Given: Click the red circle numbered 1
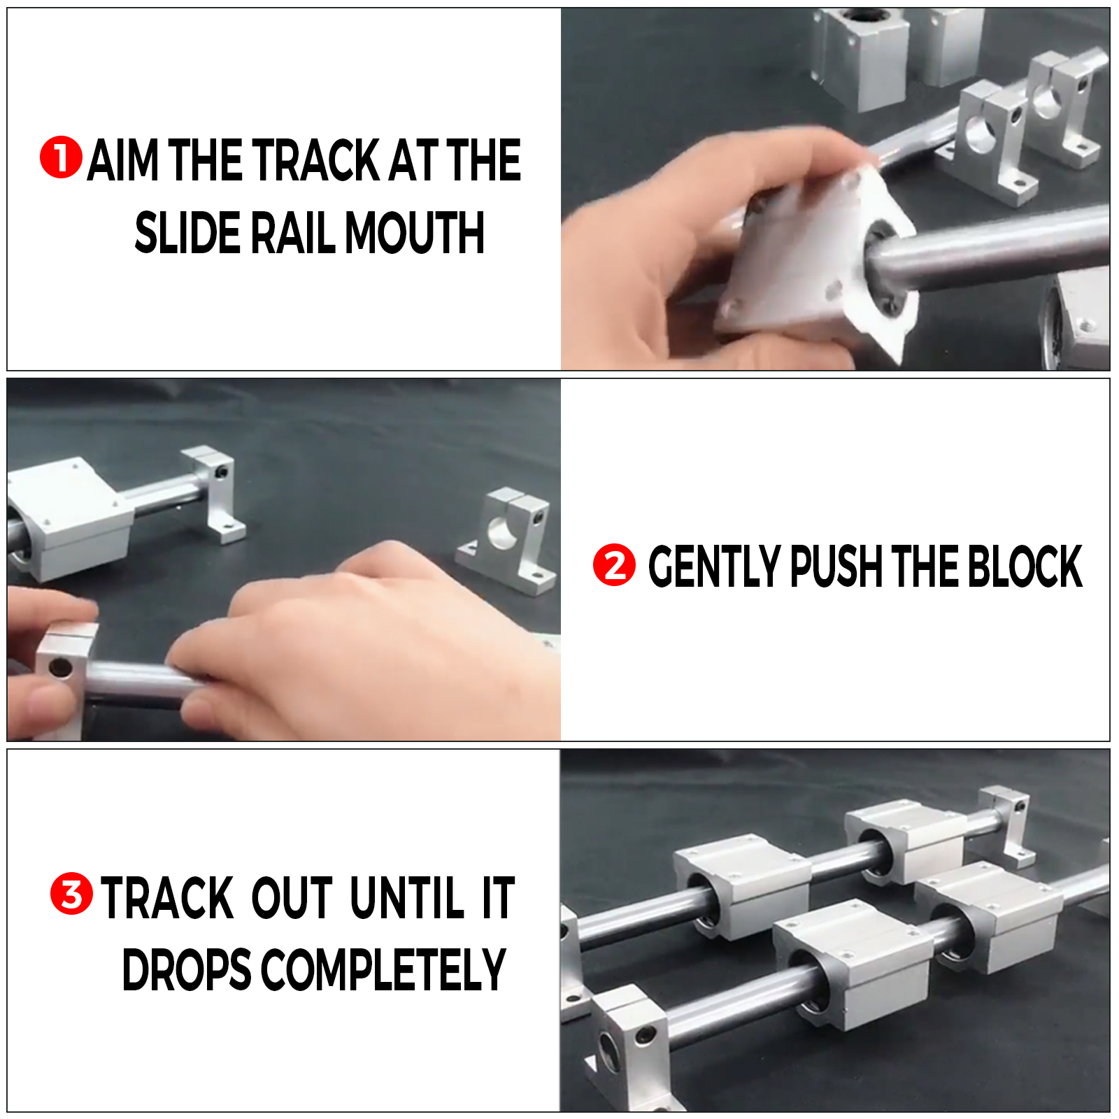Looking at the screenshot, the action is pyautogui.click(x=61, y=157).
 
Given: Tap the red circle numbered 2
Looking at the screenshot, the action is pyautogui.click(x=614, y=564).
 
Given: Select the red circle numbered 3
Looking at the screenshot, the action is pyautogui.click(x=71, y=894).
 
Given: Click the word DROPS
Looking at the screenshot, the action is pyautogui.click(x=186, y=969).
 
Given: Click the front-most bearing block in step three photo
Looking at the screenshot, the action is pyautogui.click(x=853, y=965).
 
